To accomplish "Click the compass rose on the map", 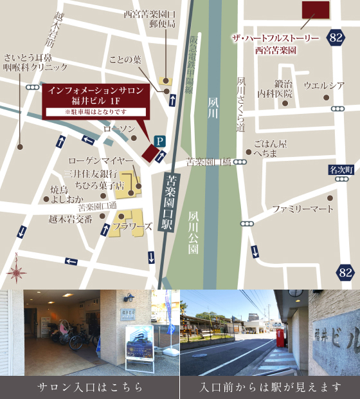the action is click(15, 273).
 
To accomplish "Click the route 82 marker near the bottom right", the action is click(346, 272).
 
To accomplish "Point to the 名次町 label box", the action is click(341, 170).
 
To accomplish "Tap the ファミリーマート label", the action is click(303, 209).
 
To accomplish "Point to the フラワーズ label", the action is click(132, 227).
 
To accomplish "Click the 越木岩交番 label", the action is click(70, 218).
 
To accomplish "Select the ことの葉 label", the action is click(125, 60).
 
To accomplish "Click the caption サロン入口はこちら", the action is click(90, 387).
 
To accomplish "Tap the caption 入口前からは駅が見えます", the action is click(270, 387).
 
